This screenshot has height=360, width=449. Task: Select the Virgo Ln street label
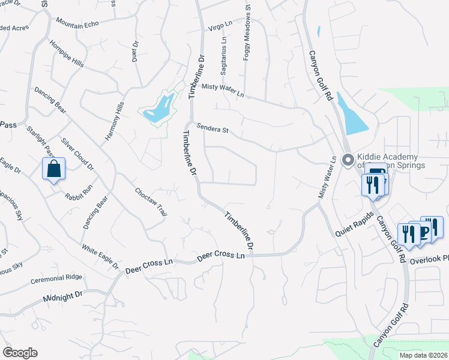coord(219,25)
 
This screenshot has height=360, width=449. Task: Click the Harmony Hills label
coord(114,121)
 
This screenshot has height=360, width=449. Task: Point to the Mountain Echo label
coord(77,22)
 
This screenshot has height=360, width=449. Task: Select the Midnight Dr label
coord(62,296)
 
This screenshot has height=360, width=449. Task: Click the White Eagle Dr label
coord(100,254)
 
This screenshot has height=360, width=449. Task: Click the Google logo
coord(20,353)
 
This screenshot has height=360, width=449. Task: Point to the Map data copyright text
coord(424,355)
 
